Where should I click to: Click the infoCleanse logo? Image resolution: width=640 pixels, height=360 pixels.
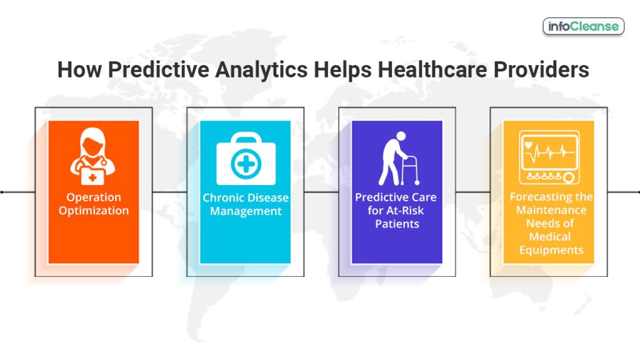pyautogui.click(x=583, y=26)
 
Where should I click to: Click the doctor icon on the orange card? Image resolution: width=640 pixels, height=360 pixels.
pyautogui.click(x=93, y=157)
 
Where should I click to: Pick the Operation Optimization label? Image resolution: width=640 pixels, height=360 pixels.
pyautogui.click(x=94, y=204)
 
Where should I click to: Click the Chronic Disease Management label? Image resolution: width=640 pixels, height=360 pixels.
pyautogui.click(x=246, y=204)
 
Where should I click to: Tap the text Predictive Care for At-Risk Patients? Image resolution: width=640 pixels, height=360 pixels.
pyautogui.click(x=396, y=210)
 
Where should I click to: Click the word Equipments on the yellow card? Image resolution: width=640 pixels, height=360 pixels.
pyautogui.click(x=550, y=250)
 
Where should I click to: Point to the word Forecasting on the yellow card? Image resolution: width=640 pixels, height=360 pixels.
pyautogui.click(x=551, y=197)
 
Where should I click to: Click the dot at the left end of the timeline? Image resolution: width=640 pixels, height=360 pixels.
pyautogui.click(x=2, y=192)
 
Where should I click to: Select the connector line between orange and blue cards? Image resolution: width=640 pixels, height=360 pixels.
pyautogui.click(x=169, y=192)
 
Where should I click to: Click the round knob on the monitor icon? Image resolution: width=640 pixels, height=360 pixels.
pyautogui.click(x=569, y=179)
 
